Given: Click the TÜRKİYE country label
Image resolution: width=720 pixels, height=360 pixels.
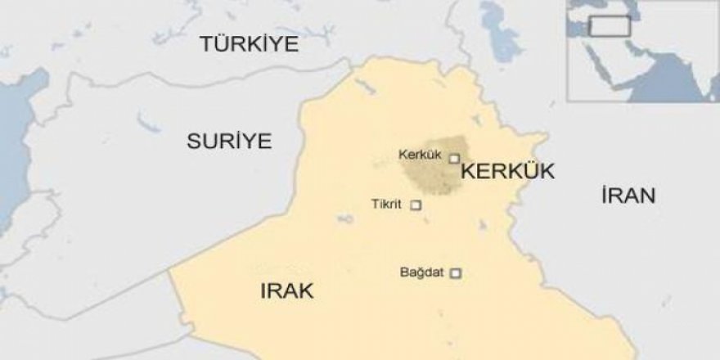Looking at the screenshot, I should (249, 45).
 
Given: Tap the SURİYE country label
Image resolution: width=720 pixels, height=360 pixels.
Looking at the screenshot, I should (229, 141).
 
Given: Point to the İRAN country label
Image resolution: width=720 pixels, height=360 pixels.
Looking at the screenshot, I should (628, 196).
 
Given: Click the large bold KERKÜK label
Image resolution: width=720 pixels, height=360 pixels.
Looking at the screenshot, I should (508, 172).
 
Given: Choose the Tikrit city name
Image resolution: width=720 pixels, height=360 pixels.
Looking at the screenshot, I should (386, 205).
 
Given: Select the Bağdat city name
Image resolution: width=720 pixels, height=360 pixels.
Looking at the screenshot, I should (421, 272).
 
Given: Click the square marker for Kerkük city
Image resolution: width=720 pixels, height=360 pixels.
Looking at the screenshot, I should (454, 159).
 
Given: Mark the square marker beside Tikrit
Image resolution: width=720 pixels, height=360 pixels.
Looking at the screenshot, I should (416, 205).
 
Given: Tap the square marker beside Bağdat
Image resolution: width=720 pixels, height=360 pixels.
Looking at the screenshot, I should (457, 273).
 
